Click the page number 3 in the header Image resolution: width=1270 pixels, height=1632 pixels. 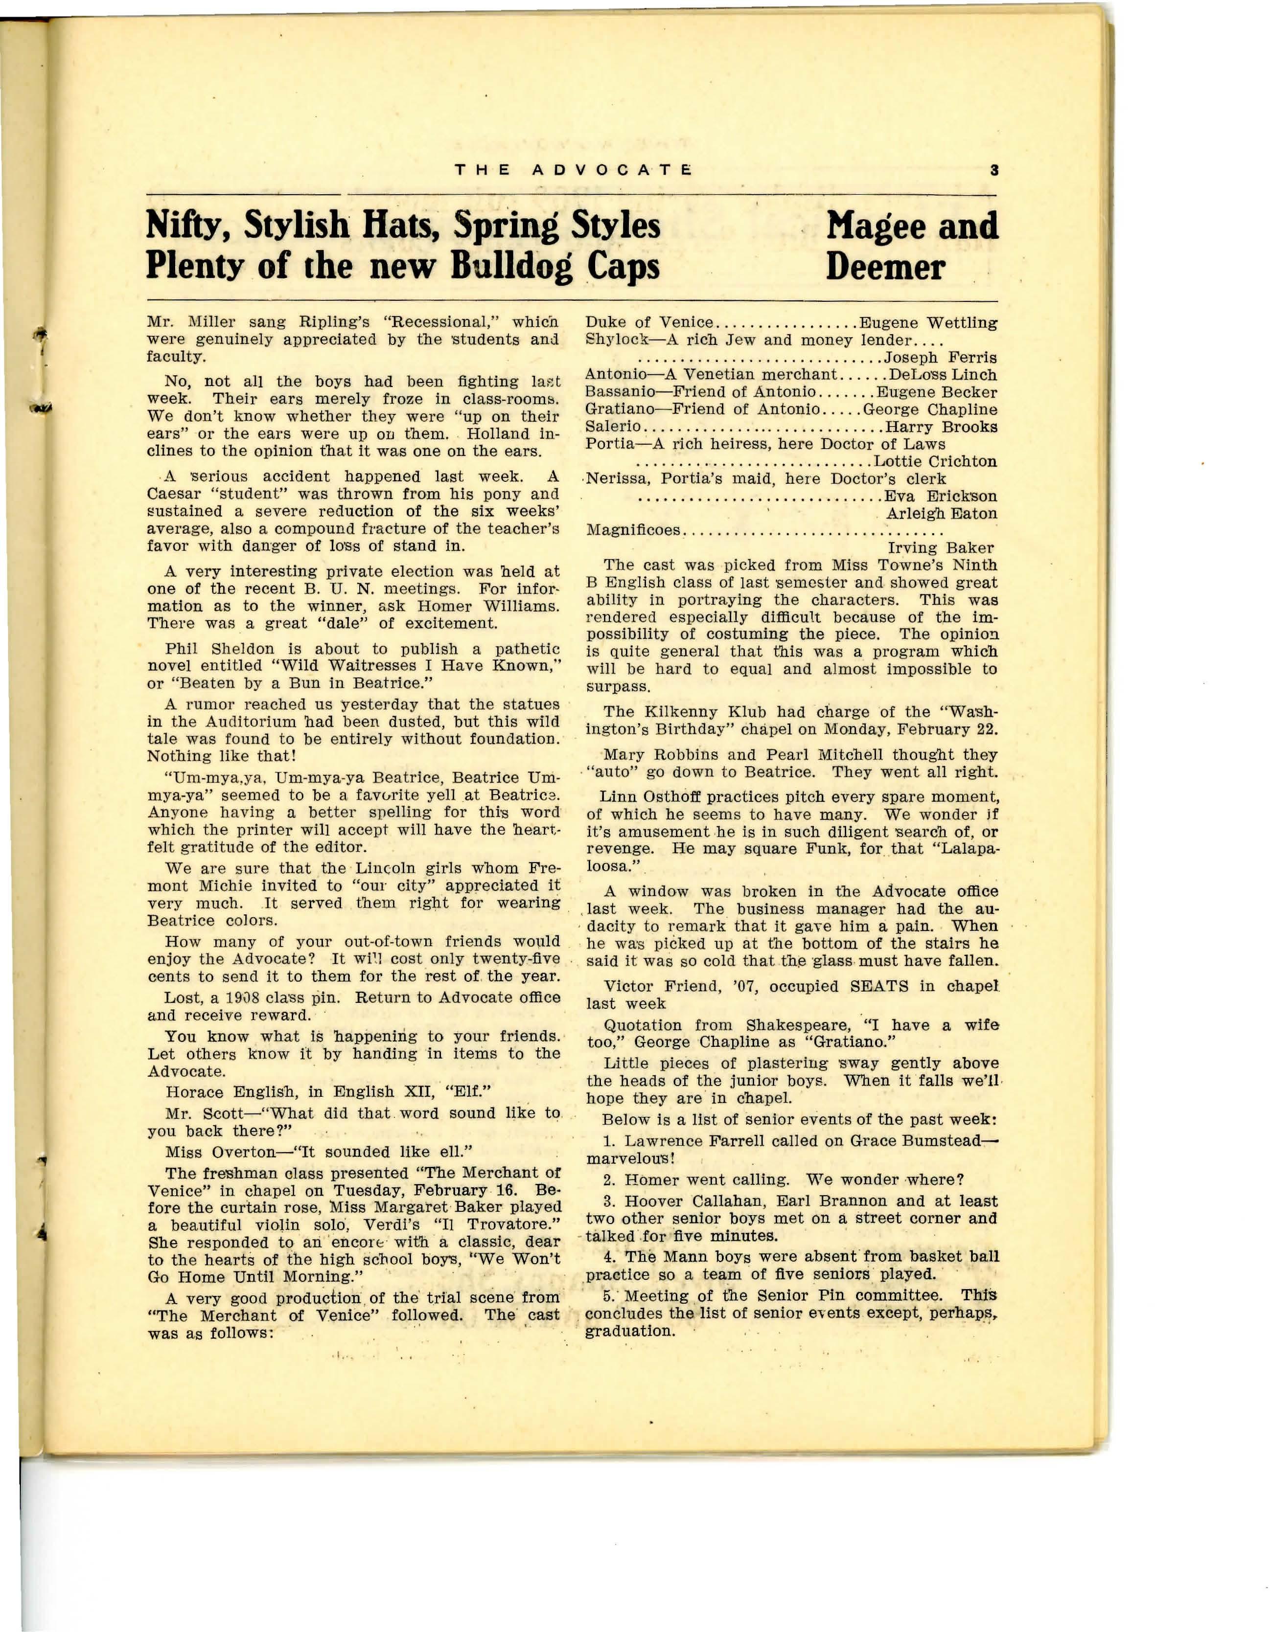pos(994,170)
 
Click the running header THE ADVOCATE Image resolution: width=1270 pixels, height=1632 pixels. pos(573,170)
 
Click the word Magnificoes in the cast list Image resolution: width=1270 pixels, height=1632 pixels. pos(634,531)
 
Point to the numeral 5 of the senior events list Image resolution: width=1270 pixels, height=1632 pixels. pos(608,1296)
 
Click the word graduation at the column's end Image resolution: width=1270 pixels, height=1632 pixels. pos(629,1331)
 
